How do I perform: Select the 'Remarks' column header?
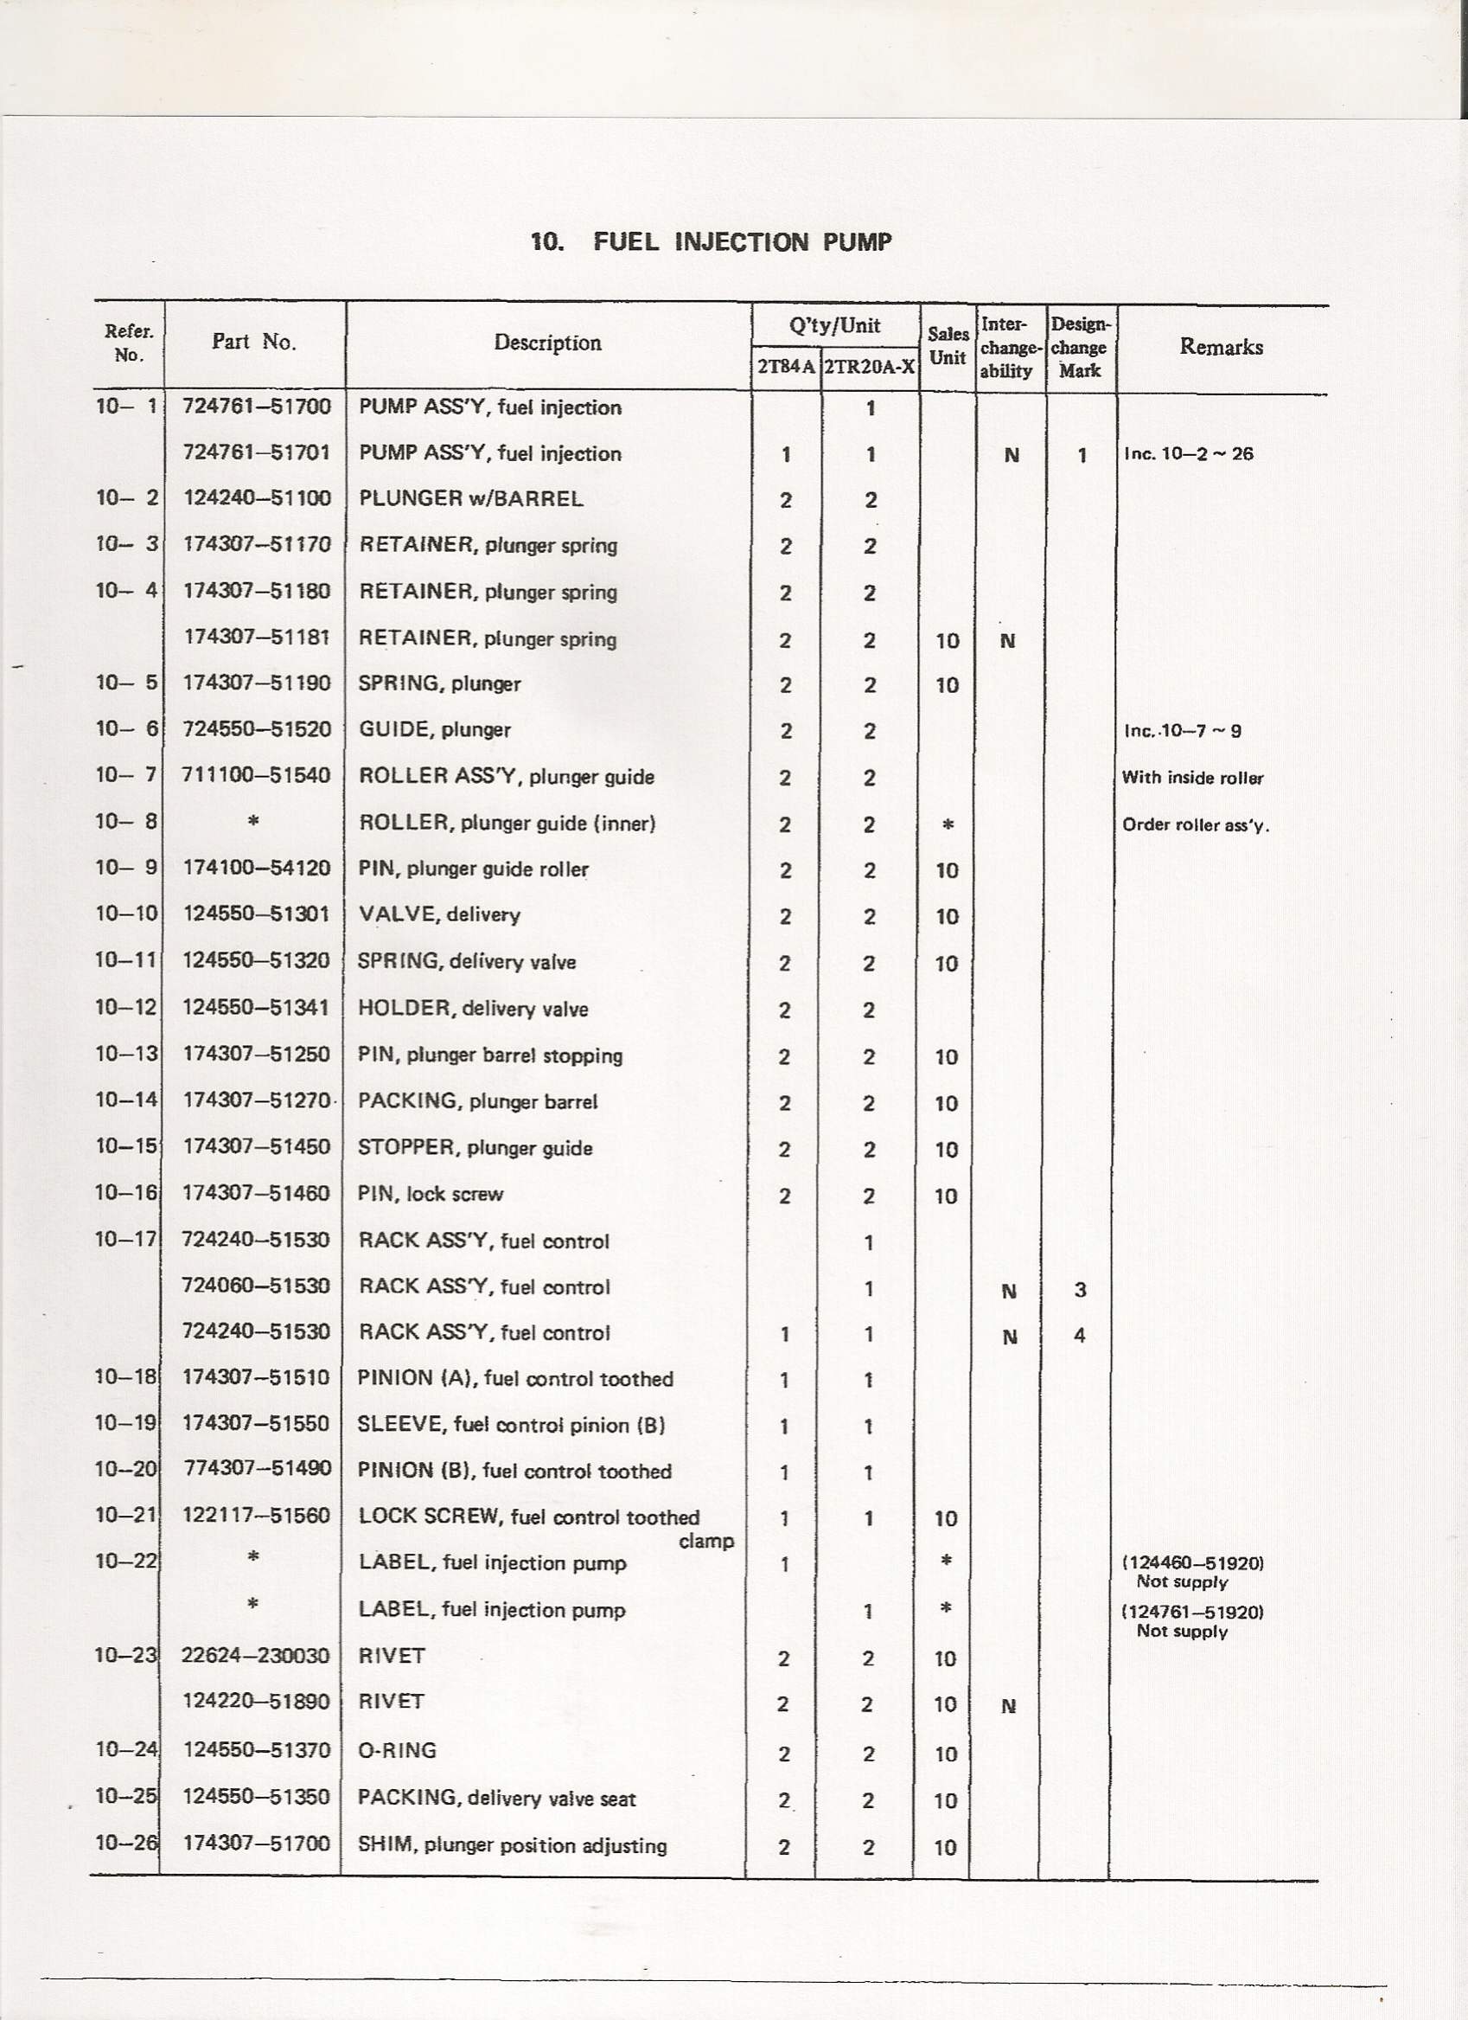pos(1221,348)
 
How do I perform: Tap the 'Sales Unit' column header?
pos(948,345)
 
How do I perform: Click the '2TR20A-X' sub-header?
pos(869,367)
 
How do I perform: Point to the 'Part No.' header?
pos(253,342)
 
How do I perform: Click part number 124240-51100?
pos(257,499)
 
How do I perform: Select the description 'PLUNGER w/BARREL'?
pos(471,499)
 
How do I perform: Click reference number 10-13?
pos(126,1054)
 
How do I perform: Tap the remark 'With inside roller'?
pos(1192,778)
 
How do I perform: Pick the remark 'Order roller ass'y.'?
pos(1195,824)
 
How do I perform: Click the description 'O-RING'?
pos(397,1750)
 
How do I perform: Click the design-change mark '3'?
pos(1080,1290)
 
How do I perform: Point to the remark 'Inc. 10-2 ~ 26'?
pos(1188,454)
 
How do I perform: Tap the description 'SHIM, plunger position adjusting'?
pos(512,1844)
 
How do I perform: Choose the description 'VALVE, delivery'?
pos(439,914)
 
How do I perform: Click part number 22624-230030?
pos(256,1656)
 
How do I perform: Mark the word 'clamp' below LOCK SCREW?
pos(706,1541)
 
